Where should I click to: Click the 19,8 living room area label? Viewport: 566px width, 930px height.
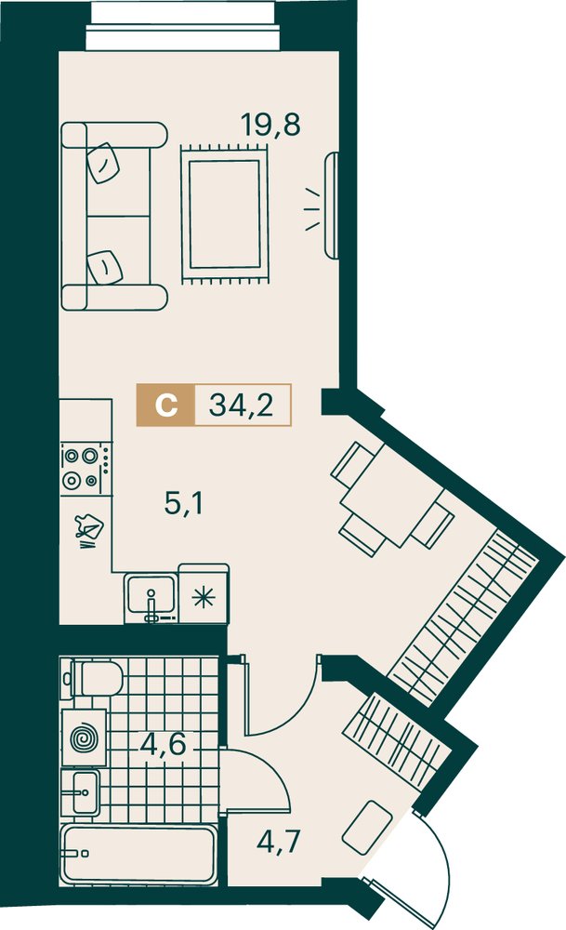pos(270,125)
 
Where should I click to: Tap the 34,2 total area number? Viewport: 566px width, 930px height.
pos(242,405)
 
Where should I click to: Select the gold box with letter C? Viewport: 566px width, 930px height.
pos(165,405)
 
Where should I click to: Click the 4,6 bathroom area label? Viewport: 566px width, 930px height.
pos(164,744)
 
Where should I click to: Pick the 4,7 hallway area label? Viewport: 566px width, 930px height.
pos(279,841)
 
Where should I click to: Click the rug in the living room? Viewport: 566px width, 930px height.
pos(225,214)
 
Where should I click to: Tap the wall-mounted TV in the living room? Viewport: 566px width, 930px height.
pos(332,206)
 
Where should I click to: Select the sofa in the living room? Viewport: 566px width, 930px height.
pos(113,216)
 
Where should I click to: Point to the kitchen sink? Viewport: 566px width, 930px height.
pos(151,598)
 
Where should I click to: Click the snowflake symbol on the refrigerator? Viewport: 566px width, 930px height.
pos(204,597)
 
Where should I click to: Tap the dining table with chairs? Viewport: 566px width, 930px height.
pos(392,499)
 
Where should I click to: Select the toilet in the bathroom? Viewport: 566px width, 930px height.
pos(95,679)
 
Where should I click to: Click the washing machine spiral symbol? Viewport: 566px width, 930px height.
pos(84,738)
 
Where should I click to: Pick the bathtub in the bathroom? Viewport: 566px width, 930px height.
pos(138,854)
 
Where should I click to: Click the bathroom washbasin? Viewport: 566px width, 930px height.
pos(81,791)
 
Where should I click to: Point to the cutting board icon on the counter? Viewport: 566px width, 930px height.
pos(89,528)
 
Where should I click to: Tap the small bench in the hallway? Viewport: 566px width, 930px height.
pos(367,828)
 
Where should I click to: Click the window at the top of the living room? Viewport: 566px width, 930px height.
pos(183,26)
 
